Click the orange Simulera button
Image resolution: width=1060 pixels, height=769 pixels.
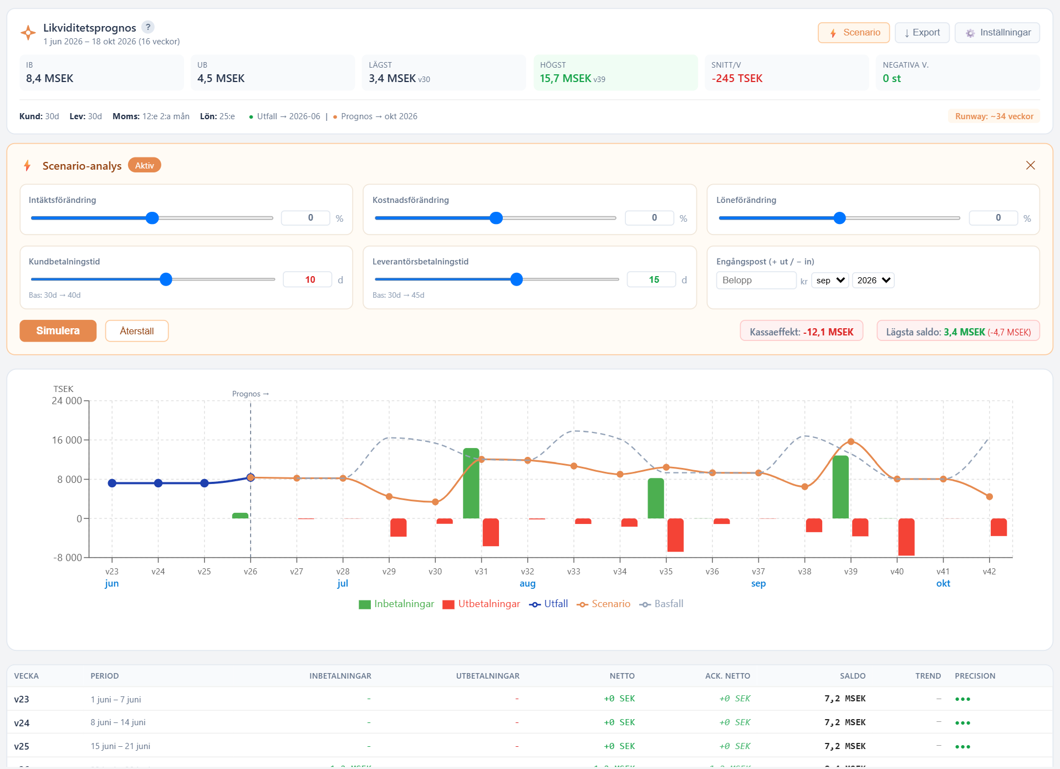(x=58, y=331)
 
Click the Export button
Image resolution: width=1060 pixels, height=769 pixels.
(x=922, y=33)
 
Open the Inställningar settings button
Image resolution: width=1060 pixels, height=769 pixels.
(x=997, y=33)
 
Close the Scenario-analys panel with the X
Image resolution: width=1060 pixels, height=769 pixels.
(x=1031, y=165)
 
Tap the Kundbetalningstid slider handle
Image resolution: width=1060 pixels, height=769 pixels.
(x=166, y=279)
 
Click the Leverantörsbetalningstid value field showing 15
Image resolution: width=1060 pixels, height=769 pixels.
(x=651, y=279)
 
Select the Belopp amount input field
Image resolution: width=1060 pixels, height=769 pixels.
(x=756, y=281)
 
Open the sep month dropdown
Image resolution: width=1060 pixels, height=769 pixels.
(x=830, y=281)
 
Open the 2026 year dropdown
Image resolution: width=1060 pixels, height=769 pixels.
(x=873, y=281)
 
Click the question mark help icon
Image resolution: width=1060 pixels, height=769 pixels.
(x=148, y=27)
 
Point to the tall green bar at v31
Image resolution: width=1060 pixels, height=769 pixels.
(x=471, y=483)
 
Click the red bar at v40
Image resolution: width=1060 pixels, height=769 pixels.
(x=906, y=537)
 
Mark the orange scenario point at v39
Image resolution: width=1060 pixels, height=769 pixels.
(x=851, y=442)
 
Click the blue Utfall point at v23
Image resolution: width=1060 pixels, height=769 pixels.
(x=112, y=483)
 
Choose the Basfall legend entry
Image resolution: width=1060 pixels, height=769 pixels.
(x=661, y=604)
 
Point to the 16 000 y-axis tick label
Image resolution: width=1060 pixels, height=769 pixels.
(x=67, y=440)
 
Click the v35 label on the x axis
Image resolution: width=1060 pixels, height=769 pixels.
(x=666, y=572)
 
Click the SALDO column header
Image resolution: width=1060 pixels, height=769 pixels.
(x=853, y=676)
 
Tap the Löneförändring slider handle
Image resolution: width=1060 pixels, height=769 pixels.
(x=840, y=218)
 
